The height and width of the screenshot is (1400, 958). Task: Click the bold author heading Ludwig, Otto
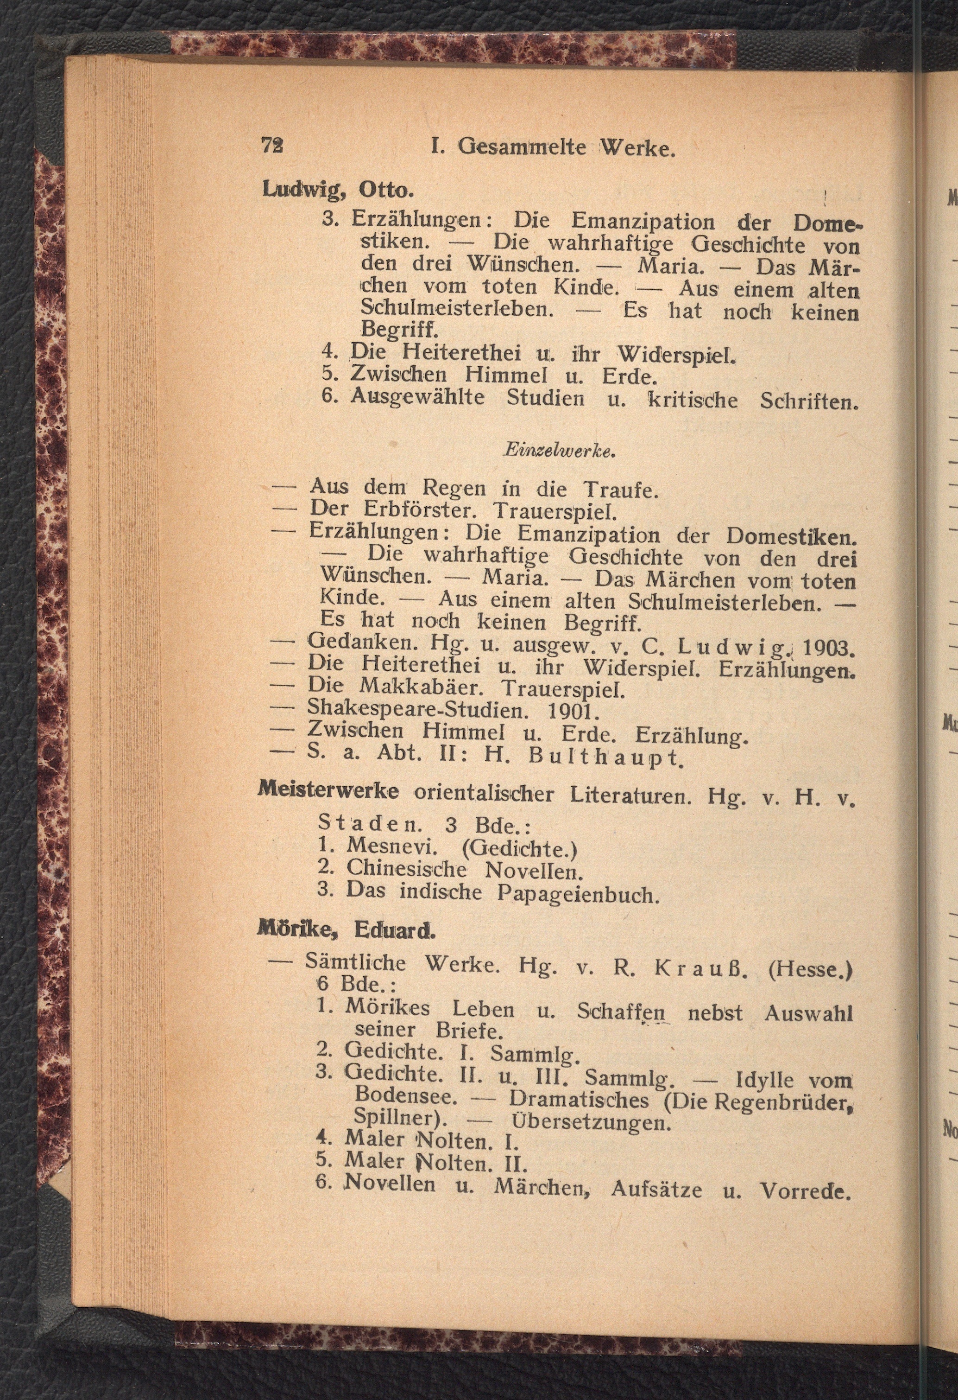coord(338,190)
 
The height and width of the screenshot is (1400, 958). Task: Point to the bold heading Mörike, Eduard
coord(346,931)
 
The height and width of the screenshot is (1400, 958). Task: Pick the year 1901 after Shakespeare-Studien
coord(573,712)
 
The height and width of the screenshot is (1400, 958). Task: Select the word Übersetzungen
coord(591,1123)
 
